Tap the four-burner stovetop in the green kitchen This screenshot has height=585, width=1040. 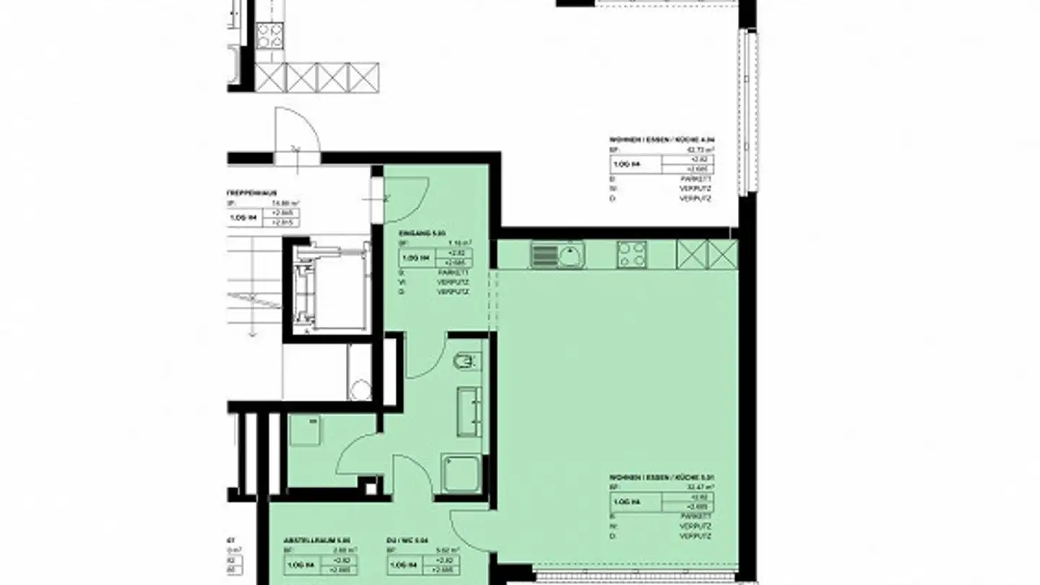632,254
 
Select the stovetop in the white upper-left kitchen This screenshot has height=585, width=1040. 269,35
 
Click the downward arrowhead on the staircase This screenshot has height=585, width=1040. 252,333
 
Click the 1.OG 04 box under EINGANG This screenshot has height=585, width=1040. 415,258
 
